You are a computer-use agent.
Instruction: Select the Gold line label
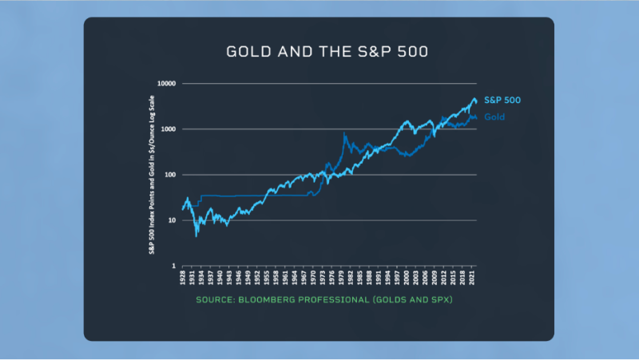(494, 117)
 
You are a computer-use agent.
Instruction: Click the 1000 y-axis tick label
(169, 129)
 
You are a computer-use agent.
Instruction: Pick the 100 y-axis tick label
(171, 175)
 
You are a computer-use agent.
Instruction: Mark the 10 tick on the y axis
(173, 220)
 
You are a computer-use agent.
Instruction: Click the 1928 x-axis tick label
(183, 279)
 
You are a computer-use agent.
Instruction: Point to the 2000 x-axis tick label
(409, 279)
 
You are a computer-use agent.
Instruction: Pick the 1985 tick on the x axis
(362, 279)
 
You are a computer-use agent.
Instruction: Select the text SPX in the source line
(435, 302)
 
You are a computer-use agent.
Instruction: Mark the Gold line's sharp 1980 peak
(344, 133)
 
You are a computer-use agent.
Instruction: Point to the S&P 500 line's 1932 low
(196, 235)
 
